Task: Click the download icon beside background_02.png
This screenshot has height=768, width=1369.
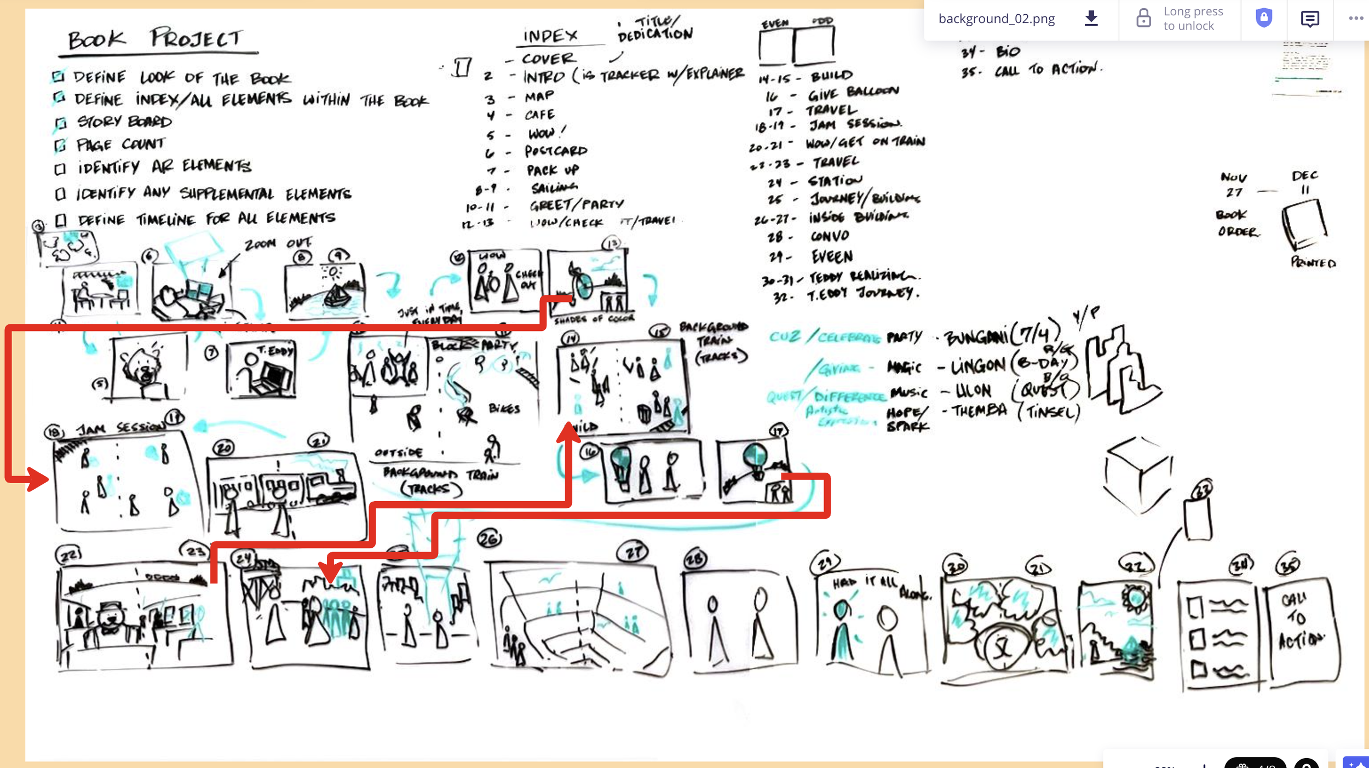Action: point(1091,18)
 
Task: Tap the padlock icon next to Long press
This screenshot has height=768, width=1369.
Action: point(1143,18)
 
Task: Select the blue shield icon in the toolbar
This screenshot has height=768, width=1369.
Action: point(1263,18)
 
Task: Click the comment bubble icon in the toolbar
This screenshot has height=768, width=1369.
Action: point(1309,19)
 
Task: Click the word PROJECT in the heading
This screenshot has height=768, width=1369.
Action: point(195,38)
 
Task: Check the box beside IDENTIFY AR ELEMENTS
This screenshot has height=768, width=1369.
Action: point(60,169)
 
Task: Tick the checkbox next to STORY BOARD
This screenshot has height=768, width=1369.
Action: point(60,123)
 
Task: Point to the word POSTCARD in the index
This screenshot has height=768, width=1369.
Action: point(555,151)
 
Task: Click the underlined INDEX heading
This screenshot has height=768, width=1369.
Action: point(550,36)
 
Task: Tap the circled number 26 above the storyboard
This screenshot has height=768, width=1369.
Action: point(489,539)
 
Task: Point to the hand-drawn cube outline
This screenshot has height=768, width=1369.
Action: point(1138,474)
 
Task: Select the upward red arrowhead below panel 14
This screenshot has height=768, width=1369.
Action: point(568,433)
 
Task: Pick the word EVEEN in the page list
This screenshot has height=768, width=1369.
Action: point(832,256)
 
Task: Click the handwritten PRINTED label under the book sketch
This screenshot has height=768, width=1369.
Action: point(1313,262)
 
